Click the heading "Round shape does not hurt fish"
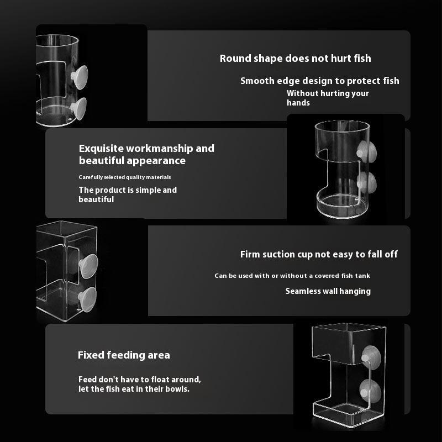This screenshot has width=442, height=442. [x=295, y=59]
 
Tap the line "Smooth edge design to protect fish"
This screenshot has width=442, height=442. [x=320, y=81]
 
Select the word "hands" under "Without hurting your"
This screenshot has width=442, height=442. [x=298, y=103]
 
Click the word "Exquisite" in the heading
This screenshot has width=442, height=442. [x=102, y=149]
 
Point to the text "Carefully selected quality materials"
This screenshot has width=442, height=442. [x=125, y=177]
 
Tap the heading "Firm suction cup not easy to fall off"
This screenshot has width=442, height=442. [x=319, y=254]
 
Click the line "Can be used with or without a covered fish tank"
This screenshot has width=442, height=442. [x=292, y=276]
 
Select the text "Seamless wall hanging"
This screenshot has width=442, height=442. [x=328, y=291]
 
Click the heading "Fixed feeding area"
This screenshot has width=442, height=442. [x=124, y=355]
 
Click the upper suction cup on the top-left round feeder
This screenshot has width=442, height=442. [x=80, y=77]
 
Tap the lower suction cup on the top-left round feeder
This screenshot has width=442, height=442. [x=78, y=108]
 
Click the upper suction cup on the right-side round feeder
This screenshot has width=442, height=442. [x=366, y=152]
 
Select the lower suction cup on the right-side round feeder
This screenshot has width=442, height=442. [x=366, y=183]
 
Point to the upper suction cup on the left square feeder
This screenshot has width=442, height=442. [x=88, y=266]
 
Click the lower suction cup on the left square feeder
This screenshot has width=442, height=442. [x=87, y=299]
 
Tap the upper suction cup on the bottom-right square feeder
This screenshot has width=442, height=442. [x=371, y=357]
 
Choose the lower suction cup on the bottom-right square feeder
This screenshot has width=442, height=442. [x=371, y=391]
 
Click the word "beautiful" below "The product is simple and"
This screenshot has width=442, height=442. [x=96, y=199]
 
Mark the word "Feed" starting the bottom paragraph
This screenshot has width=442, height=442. [x=87, y=380]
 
